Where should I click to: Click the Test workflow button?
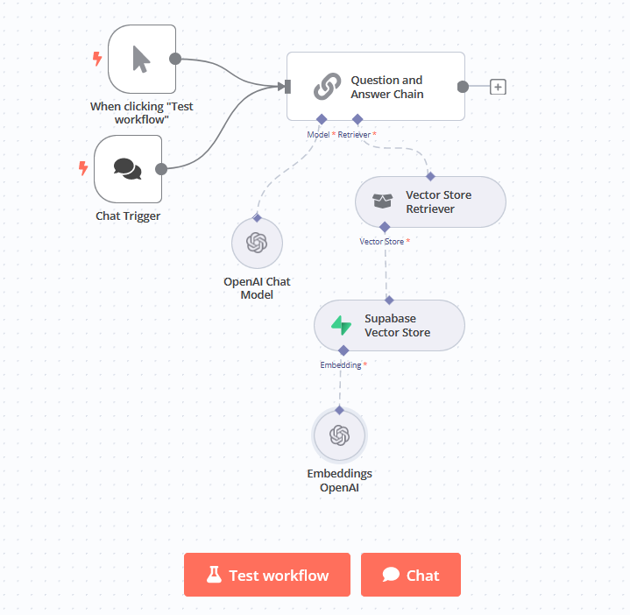pos(266,575)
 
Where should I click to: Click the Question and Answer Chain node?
pos(375,86)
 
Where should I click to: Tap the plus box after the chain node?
pos(498,87)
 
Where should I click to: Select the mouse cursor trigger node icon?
pos(141,59)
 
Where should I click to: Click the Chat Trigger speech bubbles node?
pos(128,169)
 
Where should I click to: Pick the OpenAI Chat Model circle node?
pos(257,243)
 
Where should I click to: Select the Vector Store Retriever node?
pos(430,201)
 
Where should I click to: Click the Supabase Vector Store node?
pos(389,326)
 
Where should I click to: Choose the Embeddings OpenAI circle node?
pos(339,435)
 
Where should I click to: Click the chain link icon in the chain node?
pos(327,87)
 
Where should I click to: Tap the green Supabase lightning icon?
pos(341,326)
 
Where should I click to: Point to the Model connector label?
pos(317,134)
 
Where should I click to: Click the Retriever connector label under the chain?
pos(354,134)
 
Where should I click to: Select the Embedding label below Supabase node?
pos(340,364)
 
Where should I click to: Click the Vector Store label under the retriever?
pos(381,241)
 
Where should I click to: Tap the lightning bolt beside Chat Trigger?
pos(83,168)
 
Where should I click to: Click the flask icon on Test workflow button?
pos(213,575)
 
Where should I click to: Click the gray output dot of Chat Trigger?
pos(160,169)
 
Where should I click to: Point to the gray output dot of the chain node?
pos(463,87)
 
